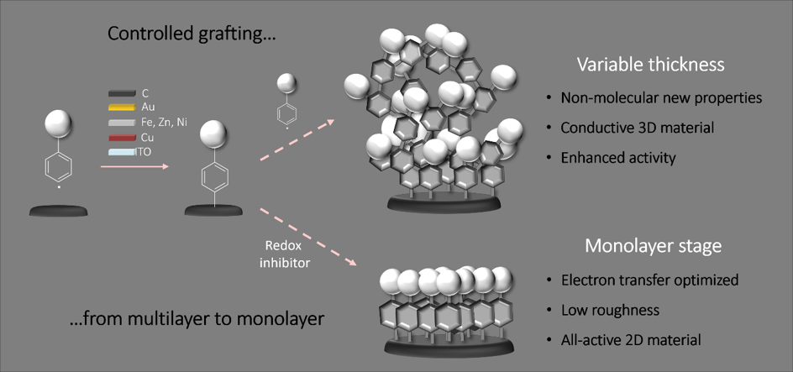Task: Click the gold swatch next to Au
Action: pos(122,107)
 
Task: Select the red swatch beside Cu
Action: pos(122,138)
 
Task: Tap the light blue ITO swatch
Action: pos(122,152)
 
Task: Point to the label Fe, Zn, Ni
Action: pos(165,122)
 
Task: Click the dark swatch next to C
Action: pos(122,93)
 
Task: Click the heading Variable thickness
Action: pos(651,65)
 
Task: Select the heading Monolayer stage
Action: pos(653,245)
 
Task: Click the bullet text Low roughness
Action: pos(610,310)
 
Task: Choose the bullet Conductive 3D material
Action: pos(638,128)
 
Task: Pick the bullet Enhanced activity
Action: pos(618,158)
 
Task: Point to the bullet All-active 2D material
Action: pos(631,339)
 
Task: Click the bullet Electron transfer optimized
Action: pos(650,280)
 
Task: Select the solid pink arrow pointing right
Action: pos(134,165)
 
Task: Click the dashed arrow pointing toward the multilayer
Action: pos(297,140)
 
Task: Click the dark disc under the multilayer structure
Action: pos(444,202)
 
